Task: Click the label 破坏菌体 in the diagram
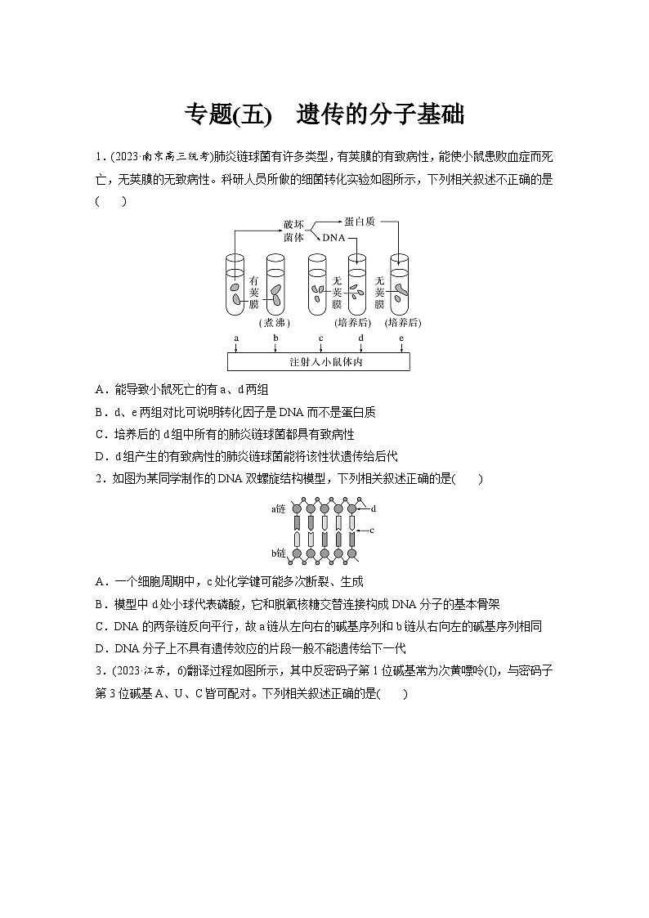[x=294, y=230]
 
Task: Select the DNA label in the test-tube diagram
[x=334, y=238]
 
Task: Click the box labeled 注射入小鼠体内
[x=318, y=361]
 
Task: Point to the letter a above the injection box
[x=236, y=338]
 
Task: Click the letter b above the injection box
[x=276, y=338]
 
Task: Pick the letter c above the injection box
[x=320, y=338]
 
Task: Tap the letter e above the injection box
[x=401, y=338]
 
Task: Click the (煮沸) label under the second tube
[x=274, y=322]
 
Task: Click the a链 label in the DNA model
[x=279, y=508]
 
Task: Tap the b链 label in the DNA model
[x=279, y=554]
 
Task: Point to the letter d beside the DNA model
[x=373, y=508]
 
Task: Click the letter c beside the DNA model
[x=372, y=530]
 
